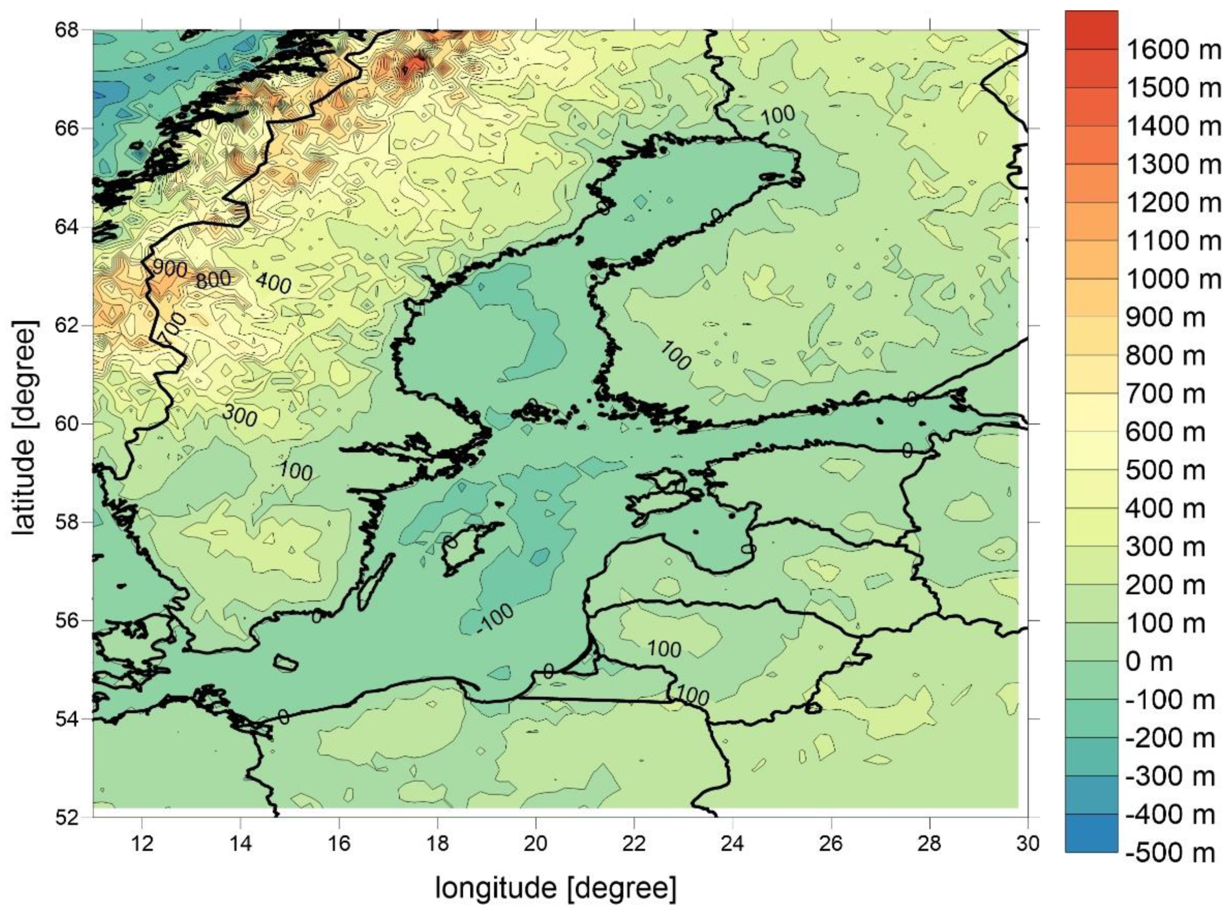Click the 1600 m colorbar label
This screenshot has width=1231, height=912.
tap(1173, 50)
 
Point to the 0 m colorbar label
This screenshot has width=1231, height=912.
tap(1149, 662)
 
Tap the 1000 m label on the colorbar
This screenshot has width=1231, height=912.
tap(1173, 279)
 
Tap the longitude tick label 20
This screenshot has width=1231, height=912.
tap(535, 844)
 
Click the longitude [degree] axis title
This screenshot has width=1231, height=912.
tap(556, 888)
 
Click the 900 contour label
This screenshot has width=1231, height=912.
tap(169, 269)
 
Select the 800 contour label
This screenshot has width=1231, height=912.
tap(213, 280)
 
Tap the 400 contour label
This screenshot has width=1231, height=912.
tap(273, 283)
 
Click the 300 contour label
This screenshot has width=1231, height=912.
tap(240, 414)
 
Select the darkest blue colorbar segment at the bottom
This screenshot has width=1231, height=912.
tap(1092, 834)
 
